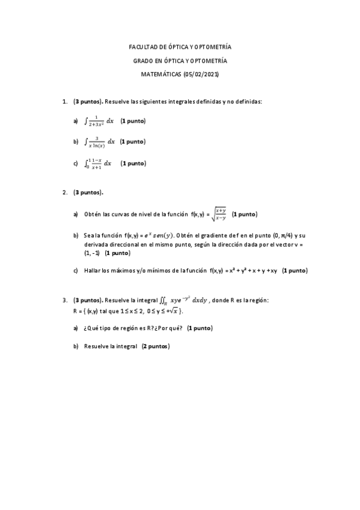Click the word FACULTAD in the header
(x=142, y=47)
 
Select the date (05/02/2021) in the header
(x=200, y=75)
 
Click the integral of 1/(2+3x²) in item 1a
(x=99, y=121)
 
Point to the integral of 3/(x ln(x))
(x=99, y=142)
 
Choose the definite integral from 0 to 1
(x=98, y=163)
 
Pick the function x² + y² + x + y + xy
(x=252, y=271)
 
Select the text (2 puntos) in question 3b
(x=156, y=346)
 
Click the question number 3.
(x=64, y=300)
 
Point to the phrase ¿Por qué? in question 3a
(x=168, y=328)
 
